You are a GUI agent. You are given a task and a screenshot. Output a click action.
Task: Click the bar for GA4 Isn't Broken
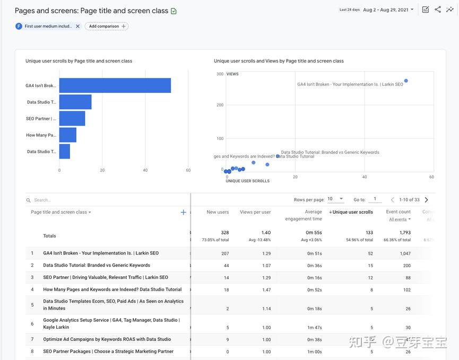[x=115, y=85]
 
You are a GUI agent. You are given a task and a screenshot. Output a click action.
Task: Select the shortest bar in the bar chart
[x=65, y=152]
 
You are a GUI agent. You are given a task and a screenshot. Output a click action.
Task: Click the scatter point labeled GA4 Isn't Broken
[x=406, y=81]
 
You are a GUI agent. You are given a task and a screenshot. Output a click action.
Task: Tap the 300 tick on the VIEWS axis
[x=220, y=74]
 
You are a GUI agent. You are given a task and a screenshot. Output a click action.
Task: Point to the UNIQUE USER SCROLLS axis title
[x=247, y=181]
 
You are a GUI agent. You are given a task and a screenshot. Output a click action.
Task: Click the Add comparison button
[x=107, y=26]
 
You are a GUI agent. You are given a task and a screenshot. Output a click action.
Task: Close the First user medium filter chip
[x=77, y=26]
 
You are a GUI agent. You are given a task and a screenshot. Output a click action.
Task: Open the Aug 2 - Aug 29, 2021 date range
[x=387, y=10]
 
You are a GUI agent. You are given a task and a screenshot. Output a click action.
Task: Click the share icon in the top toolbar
[x=438, y=10]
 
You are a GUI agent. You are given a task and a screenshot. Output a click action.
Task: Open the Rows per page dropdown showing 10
[x=335, y=199]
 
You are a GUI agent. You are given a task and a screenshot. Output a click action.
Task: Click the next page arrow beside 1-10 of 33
[x=426, y=200]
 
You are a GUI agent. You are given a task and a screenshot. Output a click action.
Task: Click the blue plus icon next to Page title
[x=184, y=212]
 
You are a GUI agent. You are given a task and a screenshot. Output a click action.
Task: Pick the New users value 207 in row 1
[x=225, y=253]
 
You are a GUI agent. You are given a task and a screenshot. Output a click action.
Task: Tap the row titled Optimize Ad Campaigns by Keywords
[x=107, y=339]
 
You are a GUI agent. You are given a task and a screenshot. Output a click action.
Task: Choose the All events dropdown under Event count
[x=400, y=219]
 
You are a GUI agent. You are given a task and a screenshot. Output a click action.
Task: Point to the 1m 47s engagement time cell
[x=314, y=328]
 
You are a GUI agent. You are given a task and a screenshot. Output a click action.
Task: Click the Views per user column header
[x=255, y=212]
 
